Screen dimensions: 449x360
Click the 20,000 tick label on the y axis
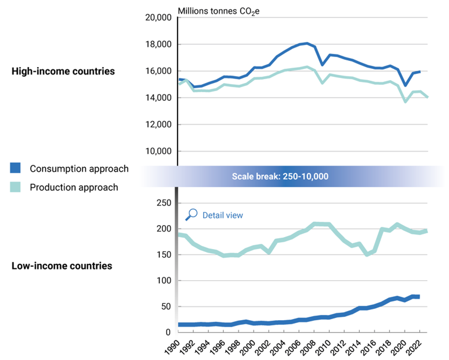[x=158, y=18]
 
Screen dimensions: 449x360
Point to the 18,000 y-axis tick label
[x=158, y=44]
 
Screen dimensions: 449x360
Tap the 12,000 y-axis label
[x=158, y=124]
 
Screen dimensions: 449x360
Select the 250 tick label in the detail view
[x=164, y=203]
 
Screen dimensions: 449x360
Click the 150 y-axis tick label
[x=164, y=255]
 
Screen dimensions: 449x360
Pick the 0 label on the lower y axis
[x=168, y=332]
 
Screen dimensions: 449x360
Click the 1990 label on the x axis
[x=172, y=348]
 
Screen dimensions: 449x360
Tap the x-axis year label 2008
[x=308, y=348]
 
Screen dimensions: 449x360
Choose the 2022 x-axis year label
[x=414, y=348]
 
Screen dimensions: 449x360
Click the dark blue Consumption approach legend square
[x=15, y=168]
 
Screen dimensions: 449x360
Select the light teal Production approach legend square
[x=15, y=187]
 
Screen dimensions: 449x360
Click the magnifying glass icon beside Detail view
[x=191, y=215]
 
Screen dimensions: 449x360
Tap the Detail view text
[x=222, y=215]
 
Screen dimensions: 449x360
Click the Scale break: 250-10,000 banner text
[x=280, y=176]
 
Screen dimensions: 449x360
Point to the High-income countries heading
[x=63, y=71]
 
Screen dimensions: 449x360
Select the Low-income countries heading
[x=62, y=266]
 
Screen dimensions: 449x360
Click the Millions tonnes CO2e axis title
[x=218, y=12]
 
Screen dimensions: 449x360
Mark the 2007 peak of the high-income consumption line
[x=307, y=44]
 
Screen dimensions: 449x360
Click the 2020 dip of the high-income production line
[x=405, y=102]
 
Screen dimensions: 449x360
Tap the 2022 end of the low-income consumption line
[x=420, y=297]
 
